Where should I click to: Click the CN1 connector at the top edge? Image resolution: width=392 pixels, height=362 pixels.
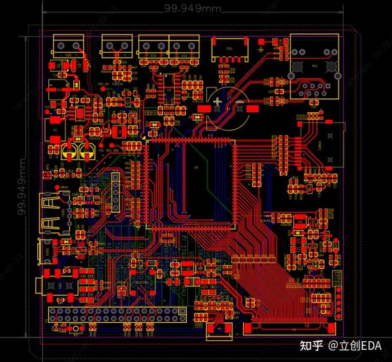[230, 48]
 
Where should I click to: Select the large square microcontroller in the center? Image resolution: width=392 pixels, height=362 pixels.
[189, 184]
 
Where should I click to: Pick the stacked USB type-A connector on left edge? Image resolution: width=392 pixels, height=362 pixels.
[51, 213]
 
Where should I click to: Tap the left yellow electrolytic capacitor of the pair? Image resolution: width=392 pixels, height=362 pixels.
[69, 152]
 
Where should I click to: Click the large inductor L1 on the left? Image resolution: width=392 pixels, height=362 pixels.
[55, 129]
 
